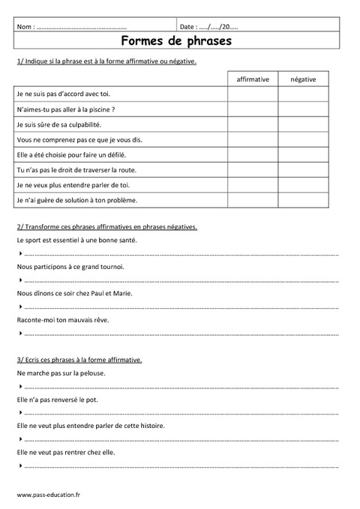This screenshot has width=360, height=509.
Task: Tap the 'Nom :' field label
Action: point(25,27)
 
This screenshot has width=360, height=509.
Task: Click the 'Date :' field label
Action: point(188,27)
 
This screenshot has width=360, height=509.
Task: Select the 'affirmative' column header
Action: point(253,79)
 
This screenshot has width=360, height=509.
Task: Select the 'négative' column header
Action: point(303,79)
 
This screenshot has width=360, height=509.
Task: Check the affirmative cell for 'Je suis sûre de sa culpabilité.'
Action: point(253,124)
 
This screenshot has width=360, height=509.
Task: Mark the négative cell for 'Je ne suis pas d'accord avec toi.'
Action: point(303,94)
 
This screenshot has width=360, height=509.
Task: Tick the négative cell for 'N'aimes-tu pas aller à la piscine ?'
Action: point(303,109)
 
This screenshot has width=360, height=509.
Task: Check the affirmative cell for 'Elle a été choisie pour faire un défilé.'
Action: point(253,155)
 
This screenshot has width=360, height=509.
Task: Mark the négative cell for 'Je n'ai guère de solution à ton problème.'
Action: point(303,201)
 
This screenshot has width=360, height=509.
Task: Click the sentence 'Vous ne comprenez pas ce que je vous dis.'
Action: point(79,139)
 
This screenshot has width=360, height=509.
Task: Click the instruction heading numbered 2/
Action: point(106,227)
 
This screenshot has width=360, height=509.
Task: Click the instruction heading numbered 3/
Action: point(79,360)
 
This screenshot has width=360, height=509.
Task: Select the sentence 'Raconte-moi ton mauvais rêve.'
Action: point(64,319)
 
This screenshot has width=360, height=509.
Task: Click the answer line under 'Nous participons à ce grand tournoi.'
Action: point(180,281)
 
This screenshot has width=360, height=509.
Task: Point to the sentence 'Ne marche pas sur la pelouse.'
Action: point(61,373)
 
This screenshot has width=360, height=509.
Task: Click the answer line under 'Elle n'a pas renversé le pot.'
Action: point(180,413)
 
